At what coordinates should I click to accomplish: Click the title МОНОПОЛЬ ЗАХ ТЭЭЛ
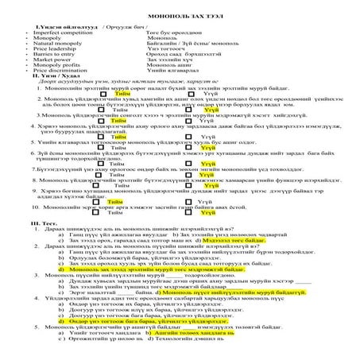180,16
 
